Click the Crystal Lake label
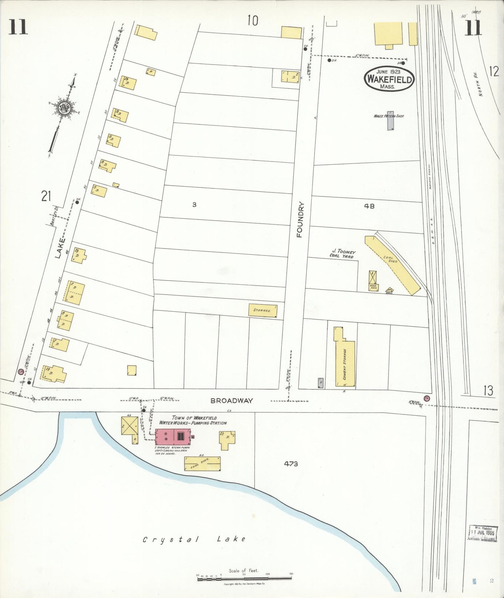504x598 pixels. pos(194,539)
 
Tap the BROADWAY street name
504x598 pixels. pos(231,401)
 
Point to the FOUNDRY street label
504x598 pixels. pos(300,220)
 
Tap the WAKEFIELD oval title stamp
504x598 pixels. pos(389,79)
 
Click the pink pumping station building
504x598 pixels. pos(173,436)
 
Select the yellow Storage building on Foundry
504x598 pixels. pos(262,310)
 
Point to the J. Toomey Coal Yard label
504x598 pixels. pos(343,254)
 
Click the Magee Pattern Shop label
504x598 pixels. pos(389,116)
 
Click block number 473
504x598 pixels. pos(291,464)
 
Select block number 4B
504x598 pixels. pos(369,206)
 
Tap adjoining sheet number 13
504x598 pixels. pos(488,391)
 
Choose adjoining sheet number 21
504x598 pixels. pos(46,196)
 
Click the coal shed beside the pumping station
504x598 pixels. pos(202,464)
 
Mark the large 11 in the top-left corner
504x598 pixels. pos(18,27)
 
